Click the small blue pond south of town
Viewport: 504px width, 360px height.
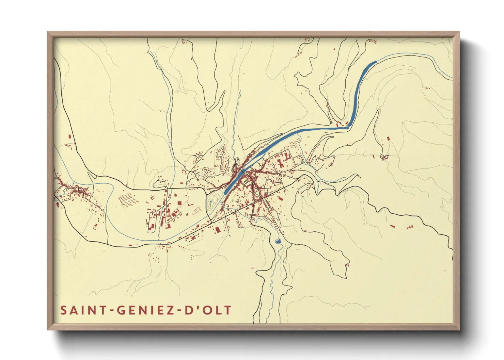pyautogui.click(x=278, y=241)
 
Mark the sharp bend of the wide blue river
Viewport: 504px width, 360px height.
pyautogui.click(x=348, y=127)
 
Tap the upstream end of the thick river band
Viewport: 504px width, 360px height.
pyautogui.click(x=375, y=62)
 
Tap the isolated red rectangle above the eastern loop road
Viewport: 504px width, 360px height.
pyautogui.click(x=388, y=138)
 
